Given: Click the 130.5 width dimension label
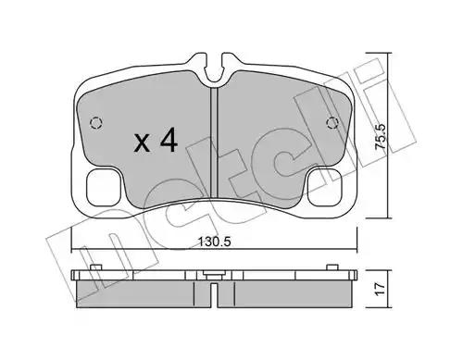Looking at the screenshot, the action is click(x=214, y=242).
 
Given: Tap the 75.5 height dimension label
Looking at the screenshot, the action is click(x=380, y=137).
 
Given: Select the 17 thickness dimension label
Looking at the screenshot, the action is click(x=380, y=289).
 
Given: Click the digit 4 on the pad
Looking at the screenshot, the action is click(x=169, y=140).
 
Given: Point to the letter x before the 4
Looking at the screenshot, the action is click(x=143, y=143).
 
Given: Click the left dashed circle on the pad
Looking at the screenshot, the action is click(x=96, y=123).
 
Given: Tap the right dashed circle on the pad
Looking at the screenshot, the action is click(x=332, y=123).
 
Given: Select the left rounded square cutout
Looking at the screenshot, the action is click(x=104, y=188).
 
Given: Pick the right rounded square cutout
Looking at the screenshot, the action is click(x=325, y=188).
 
